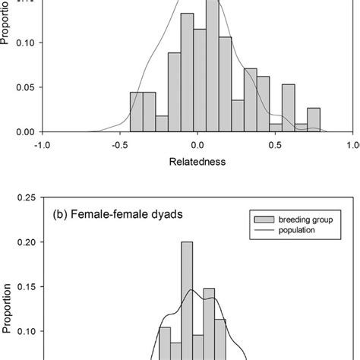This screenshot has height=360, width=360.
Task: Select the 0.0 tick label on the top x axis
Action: pos(197,144)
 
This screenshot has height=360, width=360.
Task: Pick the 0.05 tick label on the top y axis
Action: pos(23,87)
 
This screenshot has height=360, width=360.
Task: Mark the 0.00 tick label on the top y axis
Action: pos(23,131)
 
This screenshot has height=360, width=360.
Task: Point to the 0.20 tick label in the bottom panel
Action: pos(23,242)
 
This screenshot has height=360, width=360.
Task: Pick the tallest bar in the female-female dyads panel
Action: pos(187,304)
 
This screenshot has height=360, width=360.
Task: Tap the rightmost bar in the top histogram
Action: pos(313,120)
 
